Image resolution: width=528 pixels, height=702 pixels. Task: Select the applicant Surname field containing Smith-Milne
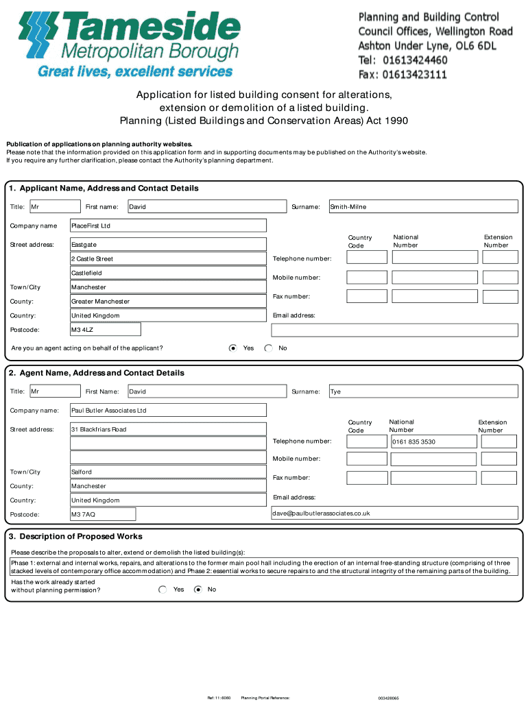[423, 206]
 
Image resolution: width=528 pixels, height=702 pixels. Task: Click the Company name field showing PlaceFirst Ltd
[168, 226]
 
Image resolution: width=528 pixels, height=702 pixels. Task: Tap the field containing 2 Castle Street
[168, 258]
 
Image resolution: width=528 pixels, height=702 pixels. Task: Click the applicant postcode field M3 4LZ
[106, 330]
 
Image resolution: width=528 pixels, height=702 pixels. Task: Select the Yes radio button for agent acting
[233, 348]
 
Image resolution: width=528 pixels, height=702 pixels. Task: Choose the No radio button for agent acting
[268, 348]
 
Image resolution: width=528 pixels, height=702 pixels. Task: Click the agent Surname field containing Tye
[423, 391]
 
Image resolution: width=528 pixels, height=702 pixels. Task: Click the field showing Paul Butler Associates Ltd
[168, 411]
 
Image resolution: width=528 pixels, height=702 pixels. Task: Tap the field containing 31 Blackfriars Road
[168, 429]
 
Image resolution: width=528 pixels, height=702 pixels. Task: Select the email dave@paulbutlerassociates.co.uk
[394, 513]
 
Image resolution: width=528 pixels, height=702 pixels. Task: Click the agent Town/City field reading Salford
[168, 472]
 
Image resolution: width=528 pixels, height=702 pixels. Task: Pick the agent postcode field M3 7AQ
[103, 514]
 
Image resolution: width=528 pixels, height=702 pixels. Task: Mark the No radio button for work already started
[198, 589]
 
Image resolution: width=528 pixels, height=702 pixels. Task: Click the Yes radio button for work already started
[163, 589]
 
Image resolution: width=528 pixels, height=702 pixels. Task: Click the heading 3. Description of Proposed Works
[76, 536]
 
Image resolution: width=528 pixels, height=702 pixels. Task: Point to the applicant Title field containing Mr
[55, 206]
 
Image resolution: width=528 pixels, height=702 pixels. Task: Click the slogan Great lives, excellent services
[134, 71]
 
